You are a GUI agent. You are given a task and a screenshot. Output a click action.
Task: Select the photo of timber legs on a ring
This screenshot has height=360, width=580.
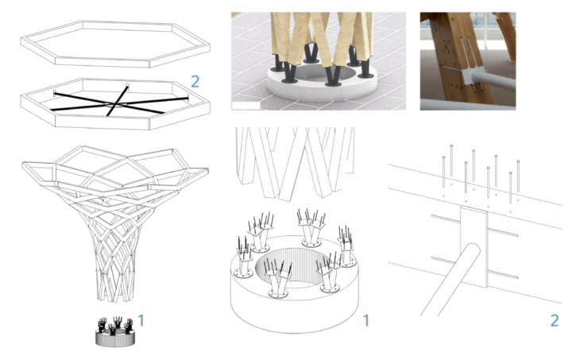[x=318, y=60]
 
